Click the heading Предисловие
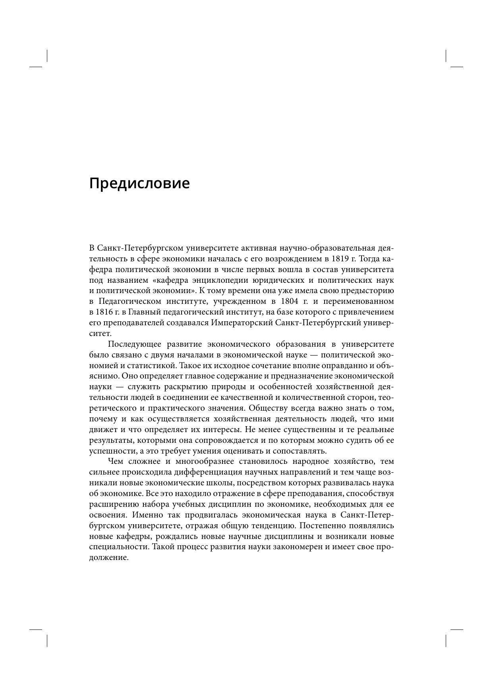pyautogui.click(x=139, y=183)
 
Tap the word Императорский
pyautogui.click(x=242, y=322)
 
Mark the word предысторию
pyautogui.click(x=369, y=291)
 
